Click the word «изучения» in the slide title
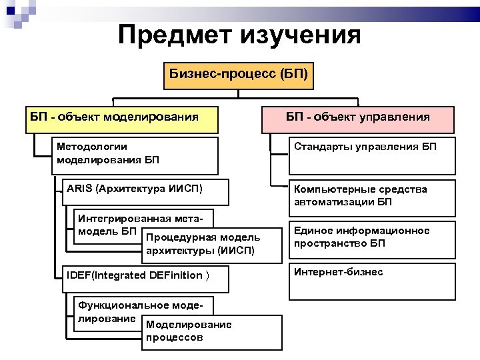point(303,34)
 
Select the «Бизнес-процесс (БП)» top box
point(239,75)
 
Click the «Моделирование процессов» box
point(211,331)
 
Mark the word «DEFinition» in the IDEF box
point(176,275)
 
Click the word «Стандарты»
point(317,147)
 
